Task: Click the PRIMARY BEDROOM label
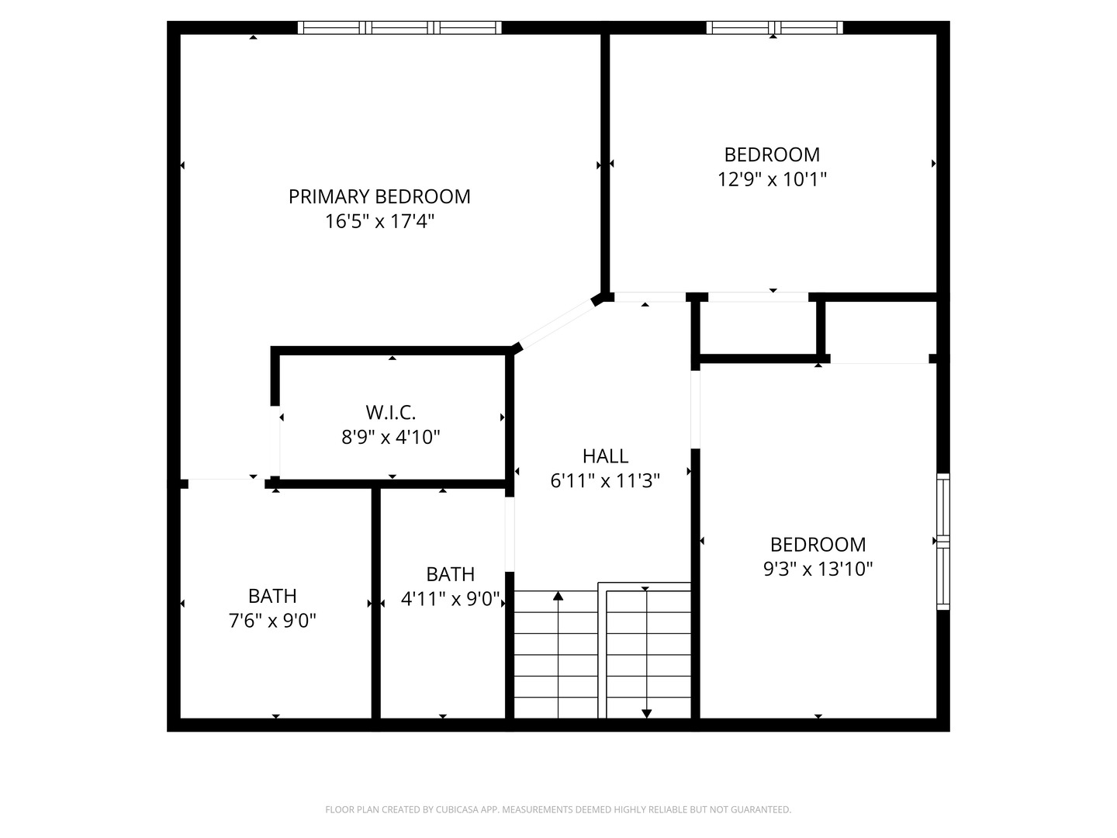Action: [x=379, y=196]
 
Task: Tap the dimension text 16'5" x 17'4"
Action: [x=379, y=222]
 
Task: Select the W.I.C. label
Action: [x=391, y=412]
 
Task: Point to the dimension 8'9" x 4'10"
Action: [x=391, y=438]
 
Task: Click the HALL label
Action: [x=605, y=456]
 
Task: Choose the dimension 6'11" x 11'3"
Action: [x=605, y=481]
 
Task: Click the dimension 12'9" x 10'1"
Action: [x=772, y=179]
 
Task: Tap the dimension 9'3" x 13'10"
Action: [x=818, y=570]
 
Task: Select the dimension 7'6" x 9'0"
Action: [x=272, y=621]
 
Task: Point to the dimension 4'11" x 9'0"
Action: [x=451, y=599]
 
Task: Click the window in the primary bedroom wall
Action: [x=399, y=28]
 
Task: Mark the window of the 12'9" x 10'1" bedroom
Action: [x=774, y=28]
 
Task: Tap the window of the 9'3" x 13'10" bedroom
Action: [x=942, y=541]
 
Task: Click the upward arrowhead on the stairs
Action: [x=558, y=596]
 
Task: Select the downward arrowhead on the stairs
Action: [x=646, y=713]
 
